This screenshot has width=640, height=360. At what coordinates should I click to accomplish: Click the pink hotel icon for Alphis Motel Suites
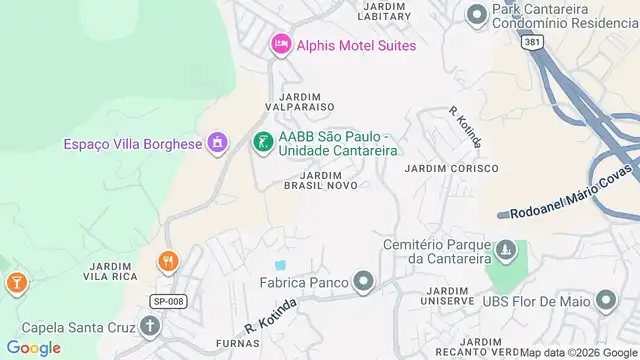click(280, 45)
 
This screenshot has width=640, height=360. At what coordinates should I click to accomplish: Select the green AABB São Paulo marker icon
click(262, 143)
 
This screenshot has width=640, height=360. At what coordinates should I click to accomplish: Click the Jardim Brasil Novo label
click(321, 180)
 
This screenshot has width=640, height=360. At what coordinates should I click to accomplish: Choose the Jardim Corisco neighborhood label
click(451, 169)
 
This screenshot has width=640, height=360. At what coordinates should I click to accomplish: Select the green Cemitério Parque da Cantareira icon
click(506, 249)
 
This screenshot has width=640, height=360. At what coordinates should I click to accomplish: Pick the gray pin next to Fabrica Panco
click(362, 283)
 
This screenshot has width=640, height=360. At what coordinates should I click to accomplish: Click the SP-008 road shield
click(169, 300)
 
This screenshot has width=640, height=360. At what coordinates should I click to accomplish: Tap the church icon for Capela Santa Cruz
click(150, 326)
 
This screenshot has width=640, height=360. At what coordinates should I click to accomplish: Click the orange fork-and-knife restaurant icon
click(167, 261)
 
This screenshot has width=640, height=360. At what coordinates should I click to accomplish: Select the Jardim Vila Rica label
click(112, 270)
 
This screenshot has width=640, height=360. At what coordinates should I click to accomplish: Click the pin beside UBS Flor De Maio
click(606, 300)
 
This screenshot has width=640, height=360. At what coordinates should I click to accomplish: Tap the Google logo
click(34, 348)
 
